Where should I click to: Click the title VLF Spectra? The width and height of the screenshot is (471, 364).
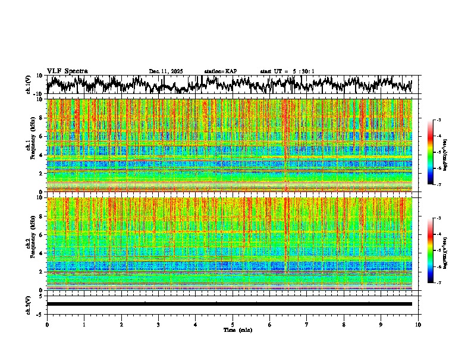(x=67, y=71)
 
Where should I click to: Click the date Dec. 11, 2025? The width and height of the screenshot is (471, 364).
(x=166, y=71)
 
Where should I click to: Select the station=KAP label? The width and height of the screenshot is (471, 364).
(x=220, y=71)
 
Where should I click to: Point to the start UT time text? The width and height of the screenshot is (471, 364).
(x=287, y=71)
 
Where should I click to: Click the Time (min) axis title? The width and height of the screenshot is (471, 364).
(x=237, y=330)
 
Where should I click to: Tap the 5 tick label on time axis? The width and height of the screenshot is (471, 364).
(x=233, y=325)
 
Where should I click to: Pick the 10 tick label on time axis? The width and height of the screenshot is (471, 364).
(x=418, y=325)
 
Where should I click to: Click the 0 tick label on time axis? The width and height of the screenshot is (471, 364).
(x=47, y=325)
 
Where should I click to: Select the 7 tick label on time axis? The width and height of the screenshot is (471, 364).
(x=307, y=325)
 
